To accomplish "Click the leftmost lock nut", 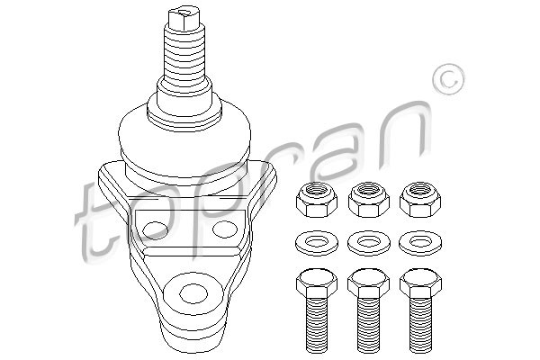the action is click(x=317, y=200).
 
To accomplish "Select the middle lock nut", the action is click(x=368, y=200).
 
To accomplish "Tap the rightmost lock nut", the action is click(x=420, y=200).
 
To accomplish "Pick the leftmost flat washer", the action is click(x=317, y=243).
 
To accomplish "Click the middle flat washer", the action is click(x=368, y=243).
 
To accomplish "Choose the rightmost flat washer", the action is click(x=420, y=243).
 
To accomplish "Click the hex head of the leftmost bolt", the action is click(x=317, y=283).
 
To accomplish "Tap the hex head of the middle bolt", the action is click(x=368, y=283).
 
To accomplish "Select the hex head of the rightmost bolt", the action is click(x=420, y=283).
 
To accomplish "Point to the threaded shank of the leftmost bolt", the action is click(x=317, y=326).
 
